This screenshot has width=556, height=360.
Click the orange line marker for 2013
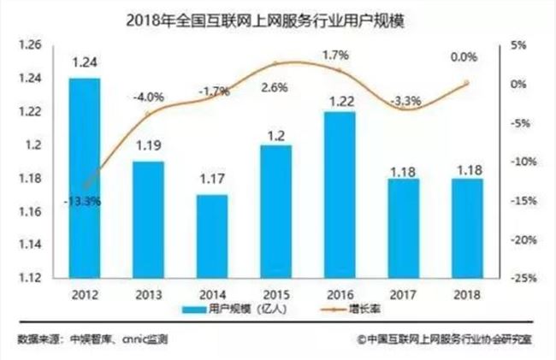pos(147,113)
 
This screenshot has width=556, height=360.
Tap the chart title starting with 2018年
pos(276,17)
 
